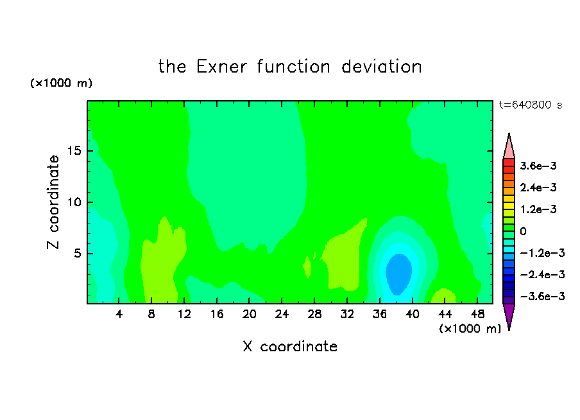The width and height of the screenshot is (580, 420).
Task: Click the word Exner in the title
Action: point(221,67)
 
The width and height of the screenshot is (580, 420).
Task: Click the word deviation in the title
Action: point(381,67)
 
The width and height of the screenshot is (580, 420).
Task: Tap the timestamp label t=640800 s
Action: point(531,105)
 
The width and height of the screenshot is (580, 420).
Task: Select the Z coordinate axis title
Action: point(53,202)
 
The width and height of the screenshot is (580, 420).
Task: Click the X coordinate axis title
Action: point(290,346)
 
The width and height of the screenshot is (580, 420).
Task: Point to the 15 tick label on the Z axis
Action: point(74,151)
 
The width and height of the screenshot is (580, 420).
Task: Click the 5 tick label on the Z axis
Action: point(77,253)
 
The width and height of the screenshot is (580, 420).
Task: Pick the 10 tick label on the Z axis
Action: point(74,202)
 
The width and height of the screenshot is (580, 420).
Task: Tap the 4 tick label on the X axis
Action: point(119,314)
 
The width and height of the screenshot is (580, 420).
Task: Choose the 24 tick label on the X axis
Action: point(282,314)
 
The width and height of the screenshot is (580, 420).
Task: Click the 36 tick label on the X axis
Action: point(380,314)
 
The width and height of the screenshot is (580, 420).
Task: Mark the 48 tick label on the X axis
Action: point(477,314)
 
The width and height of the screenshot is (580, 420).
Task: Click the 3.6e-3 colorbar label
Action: point(538,166)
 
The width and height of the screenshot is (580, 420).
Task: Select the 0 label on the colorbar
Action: point(523,231)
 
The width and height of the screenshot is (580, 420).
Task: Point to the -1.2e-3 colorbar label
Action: point(542,253)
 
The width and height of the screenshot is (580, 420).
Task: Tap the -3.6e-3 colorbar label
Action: point(542,296)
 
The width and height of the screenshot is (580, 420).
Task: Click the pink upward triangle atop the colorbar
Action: point(509,148)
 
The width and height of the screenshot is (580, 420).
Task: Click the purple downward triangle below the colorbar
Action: point(509,315)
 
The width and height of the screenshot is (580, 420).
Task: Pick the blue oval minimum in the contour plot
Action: point(398,274)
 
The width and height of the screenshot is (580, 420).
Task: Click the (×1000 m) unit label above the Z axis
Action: point(61,83)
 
